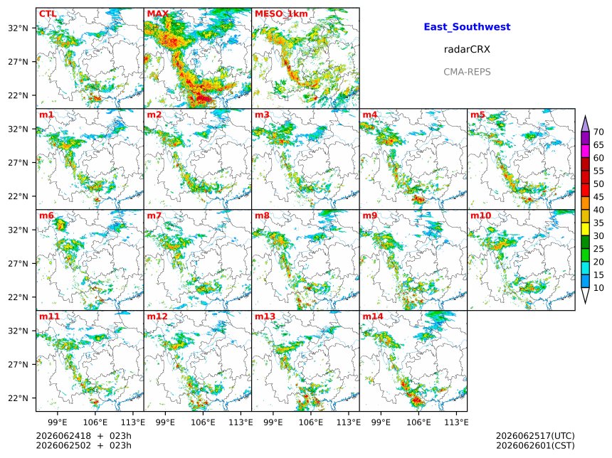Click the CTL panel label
pyautogui.click(x=48, y=14)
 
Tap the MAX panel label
pyautogui.click(x=158, y=14)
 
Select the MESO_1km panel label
pyautogui.click(x=281, y=14)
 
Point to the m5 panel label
pyautogui.click(x=478, y=114)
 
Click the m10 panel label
pyautogui.click(x=480, y=215)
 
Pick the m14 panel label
pyautogui.click(x=373, y=316)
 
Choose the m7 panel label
pyautogui.click(x=154, y=215)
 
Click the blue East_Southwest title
pyautogui.click(x=467, y=27)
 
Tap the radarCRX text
pyautogui.click(x=467, y=50)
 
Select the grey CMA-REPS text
pyautogui.click(x=467, y=72)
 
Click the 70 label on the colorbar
pyautogui.click(x=598, y=132)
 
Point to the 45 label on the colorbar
pyautogui.click(x=598, y=197)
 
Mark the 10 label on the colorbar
pyautogui.click(x=598, y=288)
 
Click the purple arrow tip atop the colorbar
pyautogui.click(x=585, y=116)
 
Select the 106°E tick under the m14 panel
pyautogui.click(x=419, y=422)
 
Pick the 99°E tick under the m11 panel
pyautogui.click(x=58, y=422)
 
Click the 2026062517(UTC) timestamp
pyautogui.click(x=535, y=436)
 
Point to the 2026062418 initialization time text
pyautogui.click(x=63, y=436)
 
